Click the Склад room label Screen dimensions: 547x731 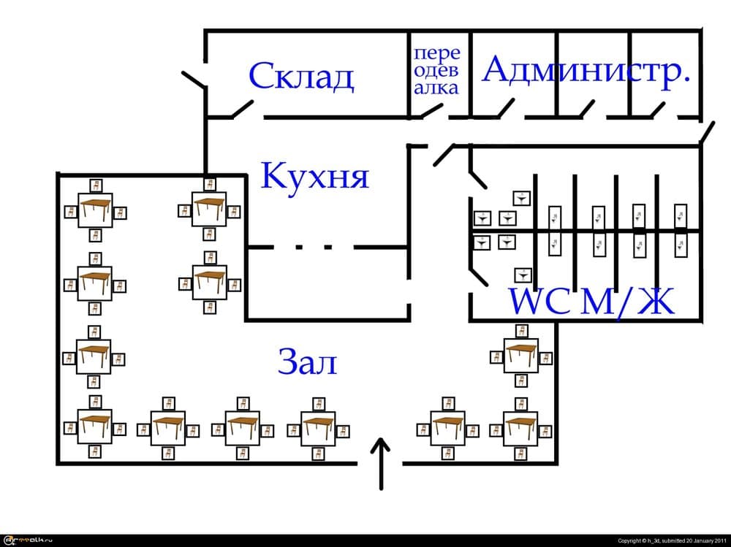301,76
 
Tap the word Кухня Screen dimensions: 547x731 315,176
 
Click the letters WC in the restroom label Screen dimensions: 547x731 539,301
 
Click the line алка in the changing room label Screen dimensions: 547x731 436,88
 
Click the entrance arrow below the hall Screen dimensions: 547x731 380,463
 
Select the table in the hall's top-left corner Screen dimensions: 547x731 95,211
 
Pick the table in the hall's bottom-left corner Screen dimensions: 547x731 95,426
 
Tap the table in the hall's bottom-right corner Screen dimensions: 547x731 520,426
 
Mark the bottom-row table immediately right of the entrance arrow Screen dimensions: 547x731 447,426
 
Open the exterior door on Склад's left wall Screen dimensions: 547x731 194,80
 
